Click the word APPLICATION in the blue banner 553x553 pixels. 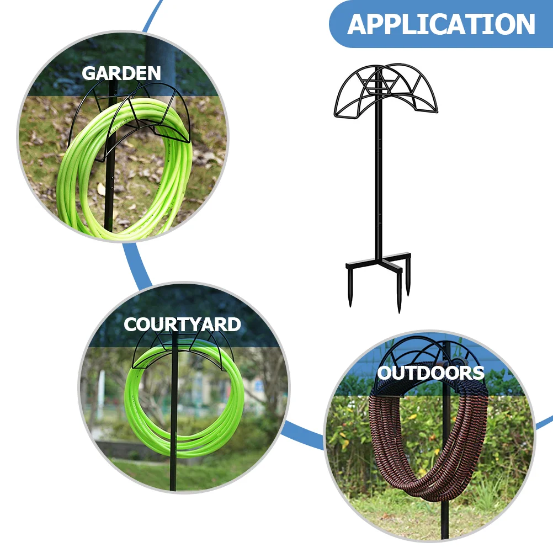(441, 24)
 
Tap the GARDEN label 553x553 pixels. (121, 73)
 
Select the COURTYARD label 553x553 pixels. (182, 325)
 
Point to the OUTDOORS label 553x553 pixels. (430, 373)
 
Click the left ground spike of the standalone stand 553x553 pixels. (350, 287)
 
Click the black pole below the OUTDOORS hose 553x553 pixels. (445, 519)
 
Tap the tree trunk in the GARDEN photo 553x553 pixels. (160, 55)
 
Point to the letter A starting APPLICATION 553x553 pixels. (359, 24)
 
